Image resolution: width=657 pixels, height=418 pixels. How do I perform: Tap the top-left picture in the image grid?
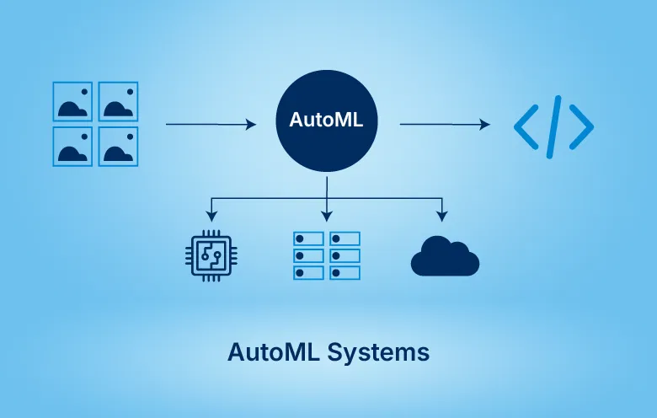click(x=72, y=101)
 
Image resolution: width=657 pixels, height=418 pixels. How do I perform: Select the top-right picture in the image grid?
click(x=119, y=101)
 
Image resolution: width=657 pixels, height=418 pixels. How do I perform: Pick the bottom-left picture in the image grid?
click(x=72, y=147)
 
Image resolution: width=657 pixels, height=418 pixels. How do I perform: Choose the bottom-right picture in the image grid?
click(x=119, y=147)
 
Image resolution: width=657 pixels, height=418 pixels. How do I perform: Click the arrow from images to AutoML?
click(x=211, y=125)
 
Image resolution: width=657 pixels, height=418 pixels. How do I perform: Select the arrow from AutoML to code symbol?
click(x=444, y=125)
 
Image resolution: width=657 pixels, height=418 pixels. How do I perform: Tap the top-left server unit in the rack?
click(x=307, y=238)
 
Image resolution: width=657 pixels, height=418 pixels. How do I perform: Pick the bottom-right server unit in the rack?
click(x=345, y=273)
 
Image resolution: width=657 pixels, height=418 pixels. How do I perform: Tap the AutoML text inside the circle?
click(x=327, y=121)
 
